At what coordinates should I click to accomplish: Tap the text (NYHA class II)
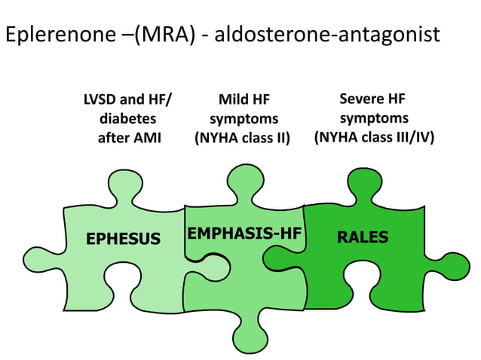click(243, 139)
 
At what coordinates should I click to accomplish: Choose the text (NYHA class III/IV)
click(374, 138)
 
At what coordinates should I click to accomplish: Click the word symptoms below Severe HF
click(374, 119)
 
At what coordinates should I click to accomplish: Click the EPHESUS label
click(123, 239)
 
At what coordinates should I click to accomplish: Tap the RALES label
click(363, 237)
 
